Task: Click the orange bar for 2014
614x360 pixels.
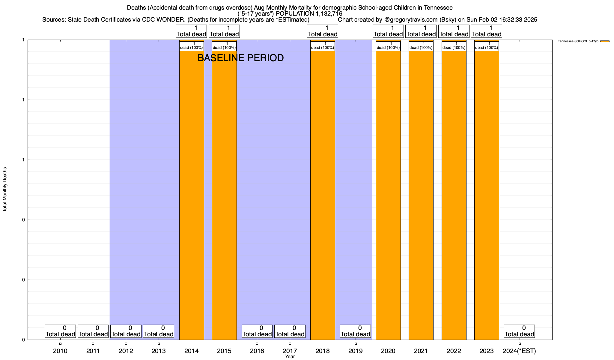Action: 192,195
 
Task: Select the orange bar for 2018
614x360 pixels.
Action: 323,195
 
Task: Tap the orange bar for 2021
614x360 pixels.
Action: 421,195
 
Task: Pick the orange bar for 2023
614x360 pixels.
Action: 487,195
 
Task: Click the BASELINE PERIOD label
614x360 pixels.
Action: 240,58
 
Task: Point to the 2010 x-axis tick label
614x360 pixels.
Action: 60,351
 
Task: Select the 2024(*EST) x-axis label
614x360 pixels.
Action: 519,351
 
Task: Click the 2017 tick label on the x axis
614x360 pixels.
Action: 290,351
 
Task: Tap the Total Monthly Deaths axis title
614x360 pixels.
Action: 5,190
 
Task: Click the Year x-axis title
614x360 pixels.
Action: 290,357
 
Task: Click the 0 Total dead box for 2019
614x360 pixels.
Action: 355,331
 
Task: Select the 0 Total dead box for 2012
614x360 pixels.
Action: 126,331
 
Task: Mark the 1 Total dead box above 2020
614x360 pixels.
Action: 388,31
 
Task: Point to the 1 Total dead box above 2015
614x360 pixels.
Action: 224,31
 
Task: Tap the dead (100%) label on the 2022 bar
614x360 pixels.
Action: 454,46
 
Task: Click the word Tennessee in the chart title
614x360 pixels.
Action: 438,7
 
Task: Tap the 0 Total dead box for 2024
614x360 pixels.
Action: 519,331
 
